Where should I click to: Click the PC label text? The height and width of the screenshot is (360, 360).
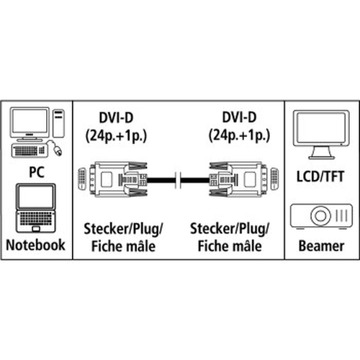click(37, 172)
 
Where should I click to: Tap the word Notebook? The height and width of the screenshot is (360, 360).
click(35, 245)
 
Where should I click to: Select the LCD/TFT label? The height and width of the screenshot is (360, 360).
click(320, 176)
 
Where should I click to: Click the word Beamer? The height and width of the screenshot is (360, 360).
click(321, 246)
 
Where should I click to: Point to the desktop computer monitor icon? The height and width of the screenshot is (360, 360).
click(30, 124)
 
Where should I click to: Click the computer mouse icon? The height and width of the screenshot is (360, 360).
click(58, 150)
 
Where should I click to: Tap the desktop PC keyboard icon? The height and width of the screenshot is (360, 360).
click(30, 150)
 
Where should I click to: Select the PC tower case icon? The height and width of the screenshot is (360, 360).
click(58, 123)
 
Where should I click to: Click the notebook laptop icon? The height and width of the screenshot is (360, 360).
click(36, 208)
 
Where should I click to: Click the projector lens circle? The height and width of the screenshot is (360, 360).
click(321, 215)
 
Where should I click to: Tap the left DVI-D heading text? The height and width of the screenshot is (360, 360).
click(116, 118)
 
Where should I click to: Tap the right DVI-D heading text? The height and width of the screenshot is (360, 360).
click(239, 117)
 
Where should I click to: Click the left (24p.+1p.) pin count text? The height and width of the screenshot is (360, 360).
click(116, 136)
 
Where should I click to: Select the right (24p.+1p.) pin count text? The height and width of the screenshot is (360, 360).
click(239, 135)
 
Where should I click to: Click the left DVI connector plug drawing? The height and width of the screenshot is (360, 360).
click(113, 179)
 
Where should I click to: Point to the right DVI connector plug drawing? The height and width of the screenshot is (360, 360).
click(244, 179)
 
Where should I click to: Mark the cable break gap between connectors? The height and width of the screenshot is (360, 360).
click(179, 180)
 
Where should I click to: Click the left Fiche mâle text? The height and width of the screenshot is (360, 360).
click(123, 246)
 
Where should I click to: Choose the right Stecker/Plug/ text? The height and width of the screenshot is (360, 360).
click(230, 229)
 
